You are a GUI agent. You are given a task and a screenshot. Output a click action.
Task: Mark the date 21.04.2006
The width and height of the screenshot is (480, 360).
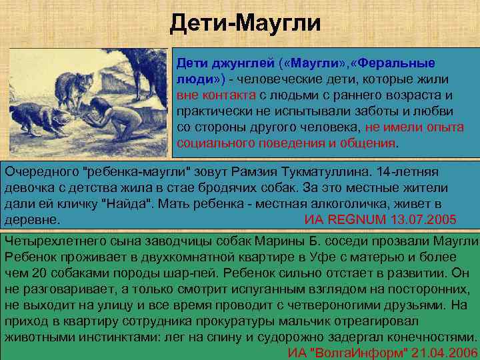(x=443, y=353)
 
